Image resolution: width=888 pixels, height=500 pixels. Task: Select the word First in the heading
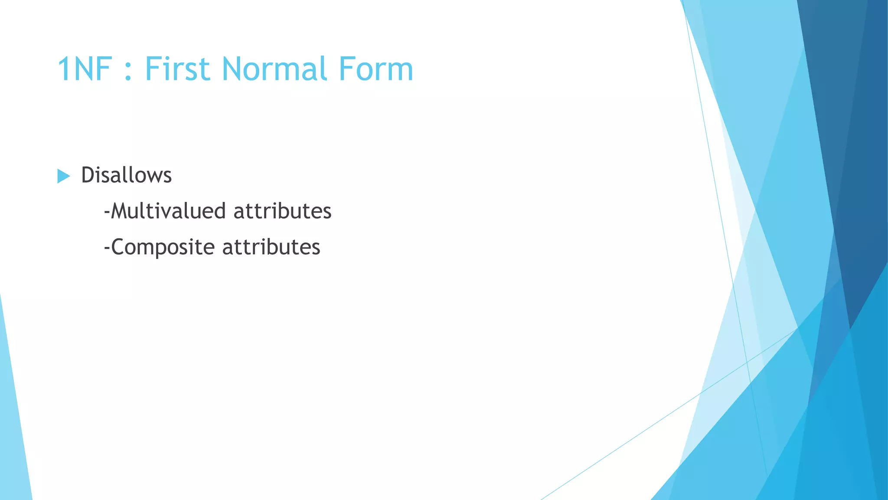pyautogui.click(x=178, y=69)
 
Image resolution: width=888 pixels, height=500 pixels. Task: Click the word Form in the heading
pyautogui.click(x=375, y=69)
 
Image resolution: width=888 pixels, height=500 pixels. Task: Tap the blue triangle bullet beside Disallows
pyautogui.click(x=63, y=176)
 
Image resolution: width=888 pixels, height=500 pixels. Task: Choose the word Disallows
pyautogui.click(x=126, y=175)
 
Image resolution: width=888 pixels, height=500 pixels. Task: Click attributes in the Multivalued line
pyautogui.click(x=282, y=211)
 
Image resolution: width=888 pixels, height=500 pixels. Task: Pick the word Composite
pyautogui.click(x=163, y=247)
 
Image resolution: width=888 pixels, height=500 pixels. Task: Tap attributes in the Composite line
pyautogui.click(x=271, y=247)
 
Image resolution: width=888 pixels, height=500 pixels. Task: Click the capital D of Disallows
pyautogui.click(x=88, y=175)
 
